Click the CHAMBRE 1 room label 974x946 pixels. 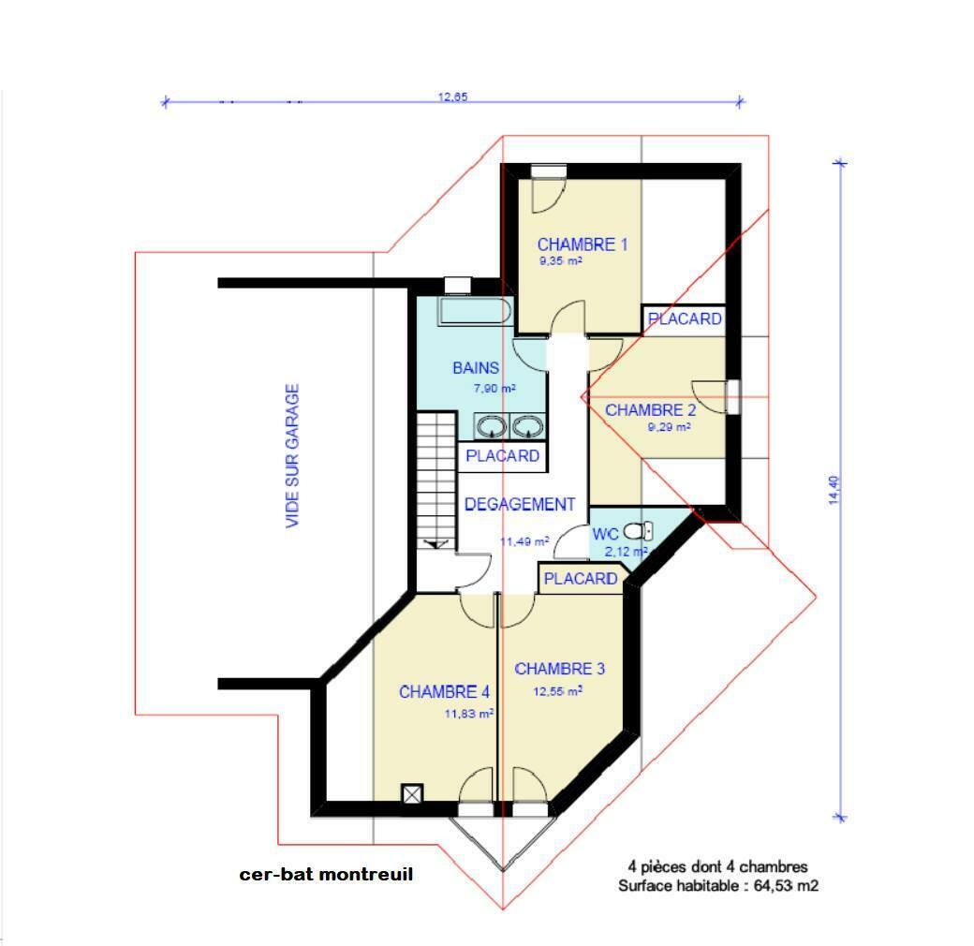pyautogui.click(x=582, y=244)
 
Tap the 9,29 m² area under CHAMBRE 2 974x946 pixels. pyautogui.click(x=669, y=427)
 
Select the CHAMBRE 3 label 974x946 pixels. pyautogui.click(x=560, y=669)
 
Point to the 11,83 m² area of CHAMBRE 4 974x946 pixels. pyautogui.click(x=469, y=714)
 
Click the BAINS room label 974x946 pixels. pyautogui.click(x=476, y=368)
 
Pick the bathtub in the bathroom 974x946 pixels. pyautogui.click(x=475, y=311)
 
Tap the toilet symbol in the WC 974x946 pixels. pyautogui.click(x=638, y=531)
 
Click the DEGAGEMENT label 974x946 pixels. pyautogui.click(x=520, y=504)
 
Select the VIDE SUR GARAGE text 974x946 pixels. pyautogui.click(x=292, y=456)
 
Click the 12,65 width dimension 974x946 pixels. pyautogui.click(x=453, y=96)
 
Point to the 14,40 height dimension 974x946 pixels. pyautogui.click(x=834, y=490)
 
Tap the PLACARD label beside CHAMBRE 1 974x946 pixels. pyautogui.click(x=685, y=319)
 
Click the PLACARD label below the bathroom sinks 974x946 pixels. pyautogui.click(x=503, y=456)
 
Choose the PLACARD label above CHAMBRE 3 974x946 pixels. pyautogui.click(x=581, y=579)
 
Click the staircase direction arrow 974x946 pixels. pyautogui.click(x=436, y=545)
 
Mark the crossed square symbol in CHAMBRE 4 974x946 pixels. pyautogui.click(x=412, y=794)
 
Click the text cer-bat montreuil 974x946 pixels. pyautogui.click(x=326, y=875)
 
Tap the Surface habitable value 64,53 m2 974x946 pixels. pyautogui.click(x=786, y=886)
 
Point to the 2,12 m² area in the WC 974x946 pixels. pyautogui.click(x=627, y=552)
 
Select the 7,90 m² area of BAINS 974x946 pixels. pyautogui.click(x=495, y=389)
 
